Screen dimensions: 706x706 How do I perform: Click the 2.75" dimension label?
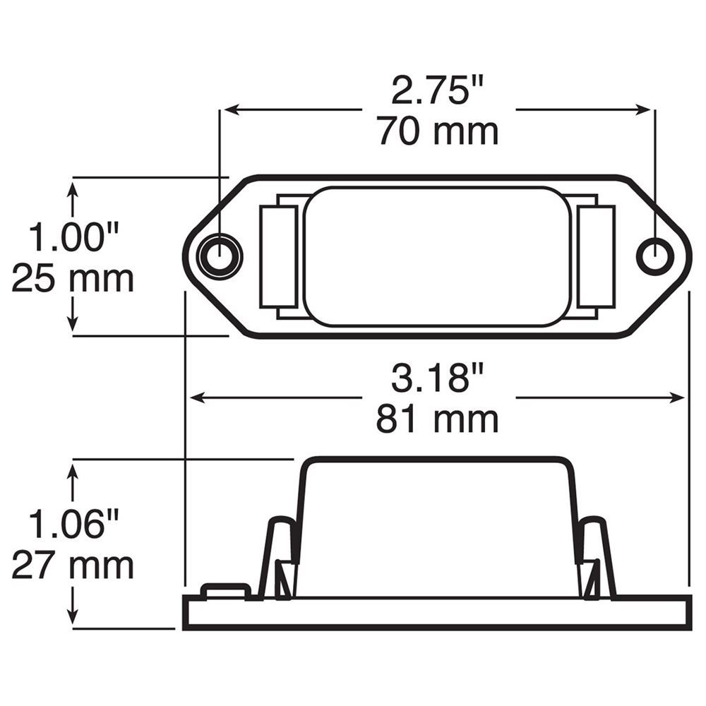point(438,90)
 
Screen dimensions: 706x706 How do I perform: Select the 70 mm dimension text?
point(438,131)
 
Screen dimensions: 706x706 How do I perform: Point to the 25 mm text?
point(73,279)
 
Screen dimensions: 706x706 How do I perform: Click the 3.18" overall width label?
point(438,378)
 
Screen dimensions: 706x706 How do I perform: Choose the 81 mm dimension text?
point(438,419)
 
